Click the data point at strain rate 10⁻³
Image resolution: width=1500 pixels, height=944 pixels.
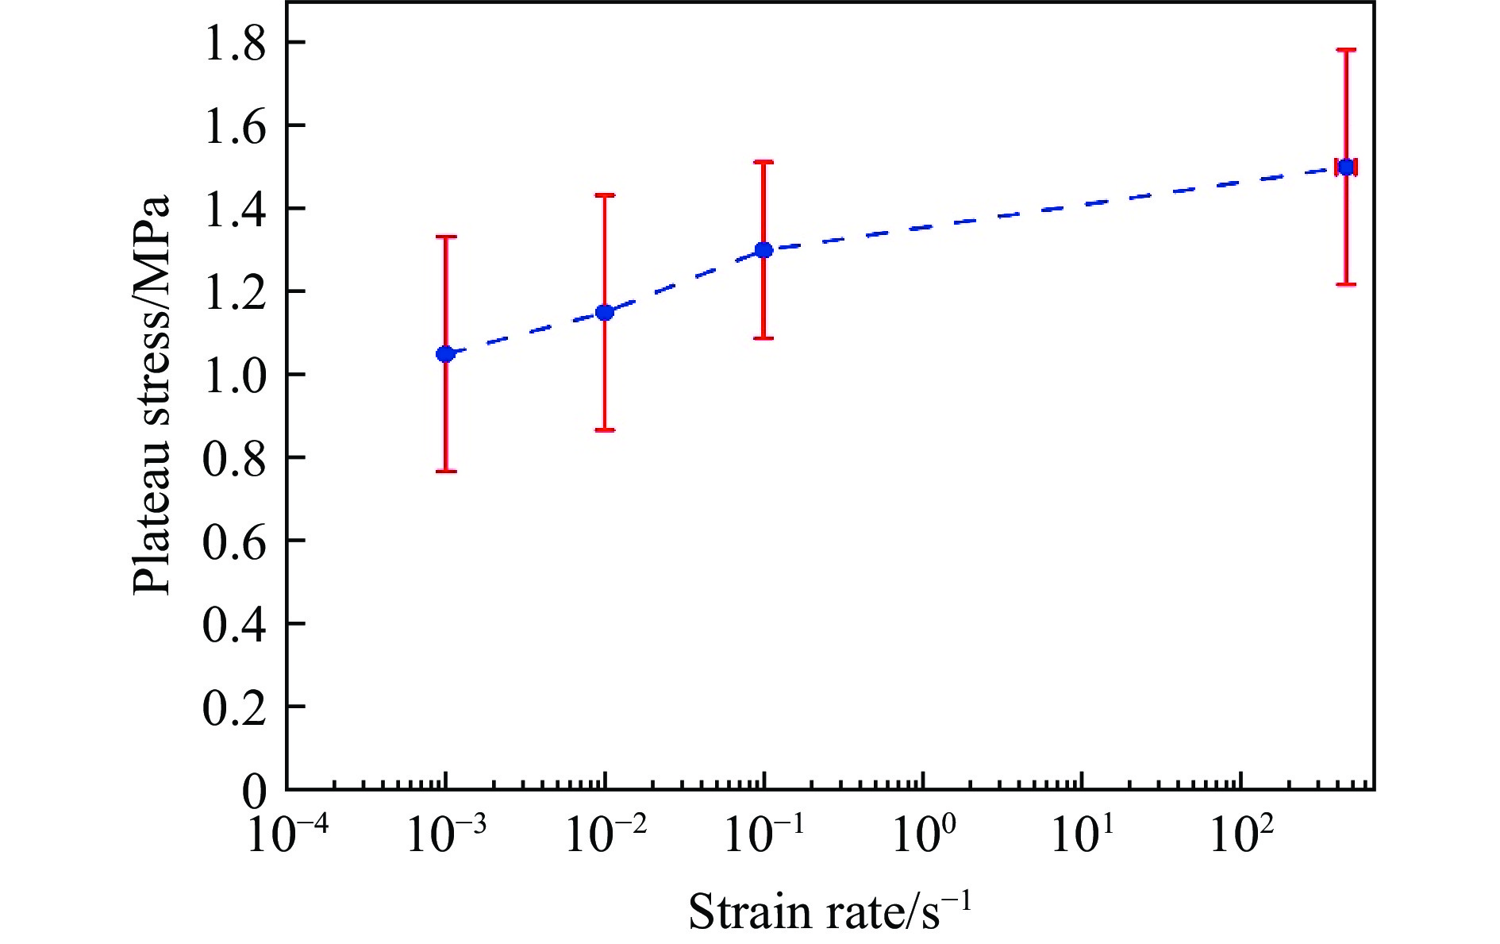tap(445, 353)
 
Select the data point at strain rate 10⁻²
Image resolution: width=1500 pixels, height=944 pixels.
tap(605, 312)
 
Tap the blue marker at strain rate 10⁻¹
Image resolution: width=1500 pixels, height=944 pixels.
tap(763, 250)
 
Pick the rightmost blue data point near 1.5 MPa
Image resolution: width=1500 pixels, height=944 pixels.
tap(1346, 167)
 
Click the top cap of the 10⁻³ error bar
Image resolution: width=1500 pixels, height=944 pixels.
tap(445, 237)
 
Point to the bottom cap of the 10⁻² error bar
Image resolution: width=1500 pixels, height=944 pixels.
tap(605, 430)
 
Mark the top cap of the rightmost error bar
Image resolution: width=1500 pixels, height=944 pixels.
tap(1346, 50)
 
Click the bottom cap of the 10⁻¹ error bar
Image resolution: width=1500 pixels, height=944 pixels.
tap(763, 338)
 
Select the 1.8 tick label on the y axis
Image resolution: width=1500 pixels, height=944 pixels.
tap(234, 43)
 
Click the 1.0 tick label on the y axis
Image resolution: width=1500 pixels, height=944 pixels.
tap(234, 375)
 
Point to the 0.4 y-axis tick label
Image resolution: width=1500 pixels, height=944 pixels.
tap(234, 624)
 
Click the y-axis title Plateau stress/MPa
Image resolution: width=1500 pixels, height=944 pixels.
tap(152, 395)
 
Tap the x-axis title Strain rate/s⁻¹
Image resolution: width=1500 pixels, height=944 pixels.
tap(829, 911)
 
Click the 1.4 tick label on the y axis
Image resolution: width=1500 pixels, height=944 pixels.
tap(234, 209)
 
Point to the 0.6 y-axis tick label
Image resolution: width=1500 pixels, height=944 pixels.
tap(234, 541)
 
